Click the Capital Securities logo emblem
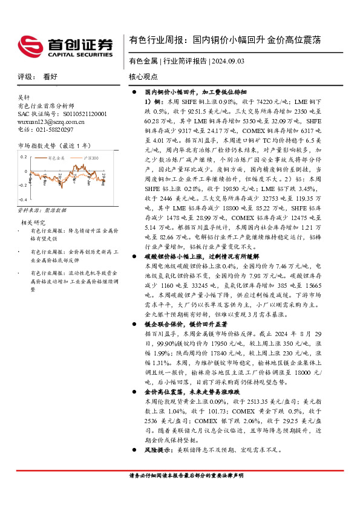click(x=30, y=46)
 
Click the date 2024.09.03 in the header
click(x=230, y=62)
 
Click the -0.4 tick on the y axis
click(x=24, y=199)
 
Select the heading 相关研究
click(x=30, y=222)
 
